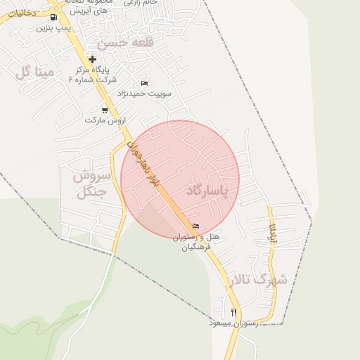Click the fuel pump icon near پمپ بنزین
(54, 18)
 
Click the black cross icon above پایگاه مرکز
(92, 59)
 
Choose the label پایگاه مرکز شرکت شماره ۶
(92, 75)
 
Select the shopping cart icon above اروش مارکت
(105, 110)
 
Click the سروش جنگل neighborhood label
(89, 182)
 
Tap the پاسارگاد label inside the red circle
(208, 191)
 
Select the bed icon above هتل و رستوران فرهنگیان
(195, 226)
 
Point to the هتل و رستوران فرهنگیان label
(196, 242)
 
